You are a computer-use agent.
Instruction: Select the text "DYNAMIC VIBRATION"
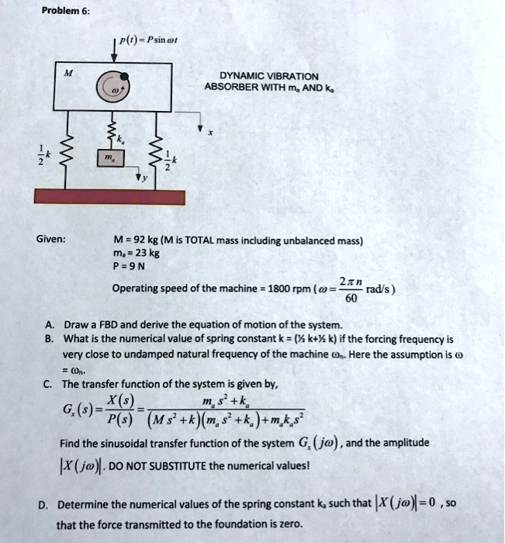tap(268, 75)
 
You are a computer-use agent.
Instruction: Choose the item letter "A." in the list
tap(49, 325)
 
